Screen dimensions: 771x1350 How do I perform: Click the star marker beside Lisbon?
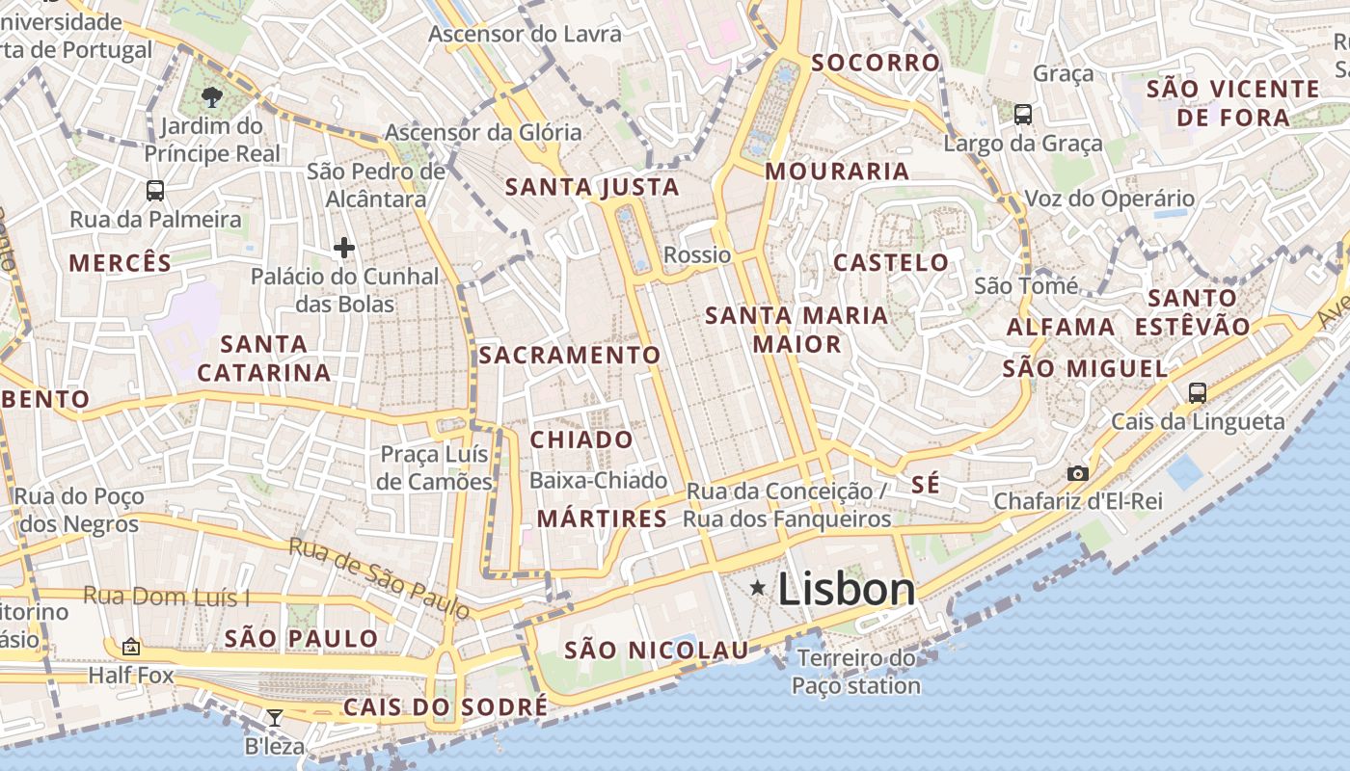tap(759, 587)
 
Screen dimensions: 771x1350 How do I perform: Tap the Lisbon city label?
tap(847, 589)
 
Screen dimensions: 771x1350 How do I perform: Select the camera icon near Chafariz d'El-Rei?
tap(1078, 473)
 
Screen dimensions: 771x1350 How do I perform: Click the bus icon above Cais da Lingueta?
tap(1198, 392)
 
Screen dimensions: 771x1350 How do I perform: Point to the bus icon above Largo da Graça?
tap(1023, 115)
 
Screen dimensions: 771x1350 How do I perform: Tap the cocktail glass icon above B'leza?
tap(275, 717)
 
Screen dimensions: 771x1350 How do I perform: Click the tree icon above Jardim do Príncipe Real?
tap(211, 95)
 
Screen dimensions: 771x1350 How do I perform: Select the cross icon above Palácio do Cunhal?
tap(344, 248)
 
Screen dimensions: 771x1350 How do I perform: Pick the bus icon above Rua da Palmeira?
tap(155, 190)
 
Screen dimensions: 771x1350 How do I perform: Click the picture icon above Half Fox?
tap(131, 647)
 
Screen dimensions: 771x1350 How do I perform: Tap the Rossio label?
tap(697, 254)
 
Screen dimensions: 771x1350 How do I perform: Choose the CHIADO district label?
tap(581, 440)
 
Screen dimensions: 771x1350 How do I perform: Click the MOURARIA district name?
tap(837, 172)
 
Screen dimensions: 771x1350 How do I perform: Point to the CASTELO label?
tap(891, 262)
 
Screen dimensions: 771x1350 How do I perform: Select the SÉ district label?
tap(925, 485)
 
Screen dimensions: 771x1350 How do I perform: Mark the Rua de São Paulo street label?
tap(380, 577)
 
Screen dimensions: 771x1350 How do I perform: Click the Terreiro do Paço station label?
tap(855, 673)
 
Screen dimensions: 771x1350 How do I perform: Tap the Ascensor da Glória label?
tap(483, 132)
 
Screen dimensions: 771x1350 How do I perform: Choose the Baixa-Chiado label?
tap(599, 480)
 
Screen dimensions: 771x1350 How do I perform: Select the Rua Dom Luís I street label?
tap(166, 596)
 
